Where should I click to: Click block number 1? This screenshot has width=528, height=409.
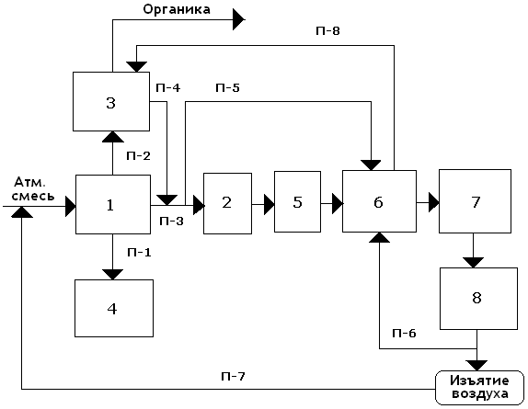pyautogui.click(x=113, y=204)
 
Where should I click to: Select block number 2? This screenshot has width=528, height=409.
pyautogui.click(x=227, y=203)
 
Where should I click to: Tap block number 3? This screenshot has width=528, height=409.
pyautogui.click(x=111, y=101)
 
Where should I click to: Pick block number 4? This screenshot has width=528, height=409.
pyautogui.click(x=114, y=308)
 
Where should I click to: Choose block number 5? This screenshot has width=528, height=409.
pyautogui.click(x=297, y=202)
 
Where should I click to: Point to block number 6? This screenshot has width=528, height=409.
pyautogui.click(x=379, y=201)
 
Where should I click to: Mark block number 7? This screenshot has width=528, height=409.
pyautogui.click(x=475, y=201)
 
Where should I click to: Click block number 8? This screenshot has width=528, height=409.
pyautogui.click(x=478, y=299)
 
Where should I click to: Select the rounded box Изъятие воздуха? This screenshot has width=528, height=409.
pyautogui.click(x=479, y=388)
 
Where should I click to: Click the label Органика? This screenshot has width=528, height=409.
pyautogui.click(x=177, y=9)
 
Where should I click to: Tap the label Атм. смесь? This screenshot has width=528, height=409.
pyautogui.click(x=33, y=189)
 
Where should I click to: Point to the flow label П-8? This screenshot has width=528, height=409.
pyautogui.click(x=327, y=31)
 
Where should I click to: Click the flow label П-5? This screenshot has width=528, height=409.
pyautogui.click(x=227, y=88)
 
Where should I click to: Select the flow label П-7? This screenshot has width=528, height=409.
pyautogui.click(x=233, y=377)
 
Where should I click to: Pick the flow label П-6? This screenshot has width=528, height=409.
pyautogui.click(x=404, y=333)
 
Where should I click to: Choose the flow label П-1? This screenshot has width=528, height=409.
pyautogui.click(x=139, y=252)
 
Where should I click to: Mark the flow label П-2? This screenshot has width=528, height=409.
pyautogui.click(x=138, y=155)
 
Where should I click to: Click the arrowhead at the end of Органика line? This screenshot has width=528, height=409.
pyautogui.click(x=239, y=19)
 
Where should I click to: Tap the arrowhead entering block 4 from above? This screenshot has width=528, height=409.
pyautogui.click(x=112, y=275)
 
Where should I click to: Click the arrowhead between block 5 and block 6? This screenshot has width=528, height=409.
pyautogui.click(x=338, y=203)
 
